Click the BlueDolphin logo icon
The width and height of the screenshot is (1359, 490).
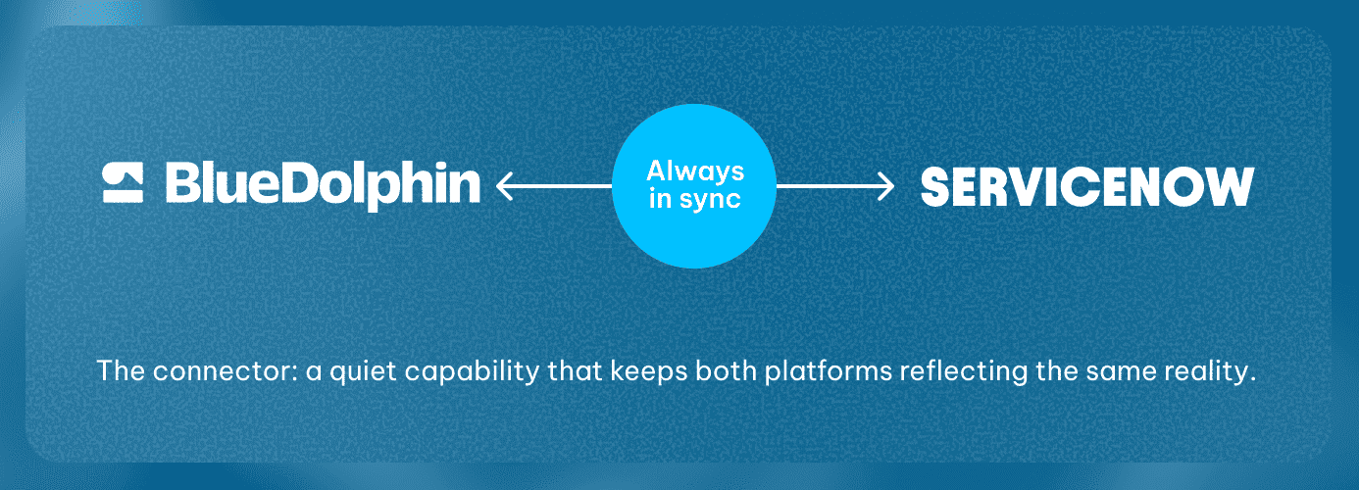tap(123, 182)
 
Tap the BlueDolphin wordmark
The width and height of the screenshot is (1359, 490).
tap(323, 186)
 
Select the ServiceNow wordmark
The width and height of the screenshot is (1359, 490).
tap(1087, 187)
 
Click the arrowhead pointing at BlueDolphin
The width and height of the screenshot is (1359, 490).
tap(505, 186)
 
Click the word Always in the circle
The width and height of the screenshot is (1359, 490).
tap(695, 171)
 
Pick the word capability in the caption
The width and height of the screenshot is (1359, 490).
tap(472, 371)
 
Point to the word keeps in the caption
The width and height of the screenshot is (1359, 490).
tap(648, 371)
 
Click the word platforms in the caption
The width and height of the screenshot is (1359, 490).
tap(829, 371)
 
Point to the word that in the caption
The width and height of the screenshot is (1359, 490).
tap(575, 370)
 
